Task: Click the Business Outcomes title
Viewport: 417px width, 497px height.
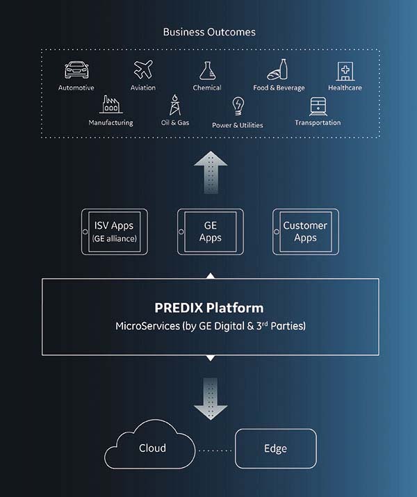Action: (208, 32)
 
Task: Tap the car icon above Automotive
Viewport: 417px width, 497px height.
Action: (76, 70)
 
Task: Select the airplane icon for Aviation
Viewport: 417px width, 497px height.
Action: (143, 70)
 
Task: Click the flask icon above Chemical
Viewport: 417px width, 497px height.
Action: (206, 70)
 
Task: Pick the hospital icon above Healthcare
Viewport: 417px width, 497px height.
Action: (345, 71)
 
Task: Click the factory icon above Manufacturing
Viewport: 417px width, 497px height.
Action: (111, 104)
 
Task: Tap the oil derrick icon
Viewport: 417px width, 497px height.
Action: (174, 106)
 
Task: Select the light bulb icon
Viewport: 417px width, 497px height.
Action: (238, 106)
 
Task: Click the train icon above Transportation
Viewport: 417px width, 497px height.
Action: (318, 106)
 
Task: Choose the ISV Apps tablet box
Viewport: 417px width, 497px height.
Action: (115, 231)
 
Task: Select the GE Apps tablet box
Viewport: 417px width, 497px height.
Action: (210, 231)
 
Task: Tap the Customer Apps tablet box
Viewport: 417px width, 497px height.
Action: (305, 231)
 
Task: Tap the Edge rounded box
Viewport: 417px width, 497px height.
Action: (276, 448)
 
